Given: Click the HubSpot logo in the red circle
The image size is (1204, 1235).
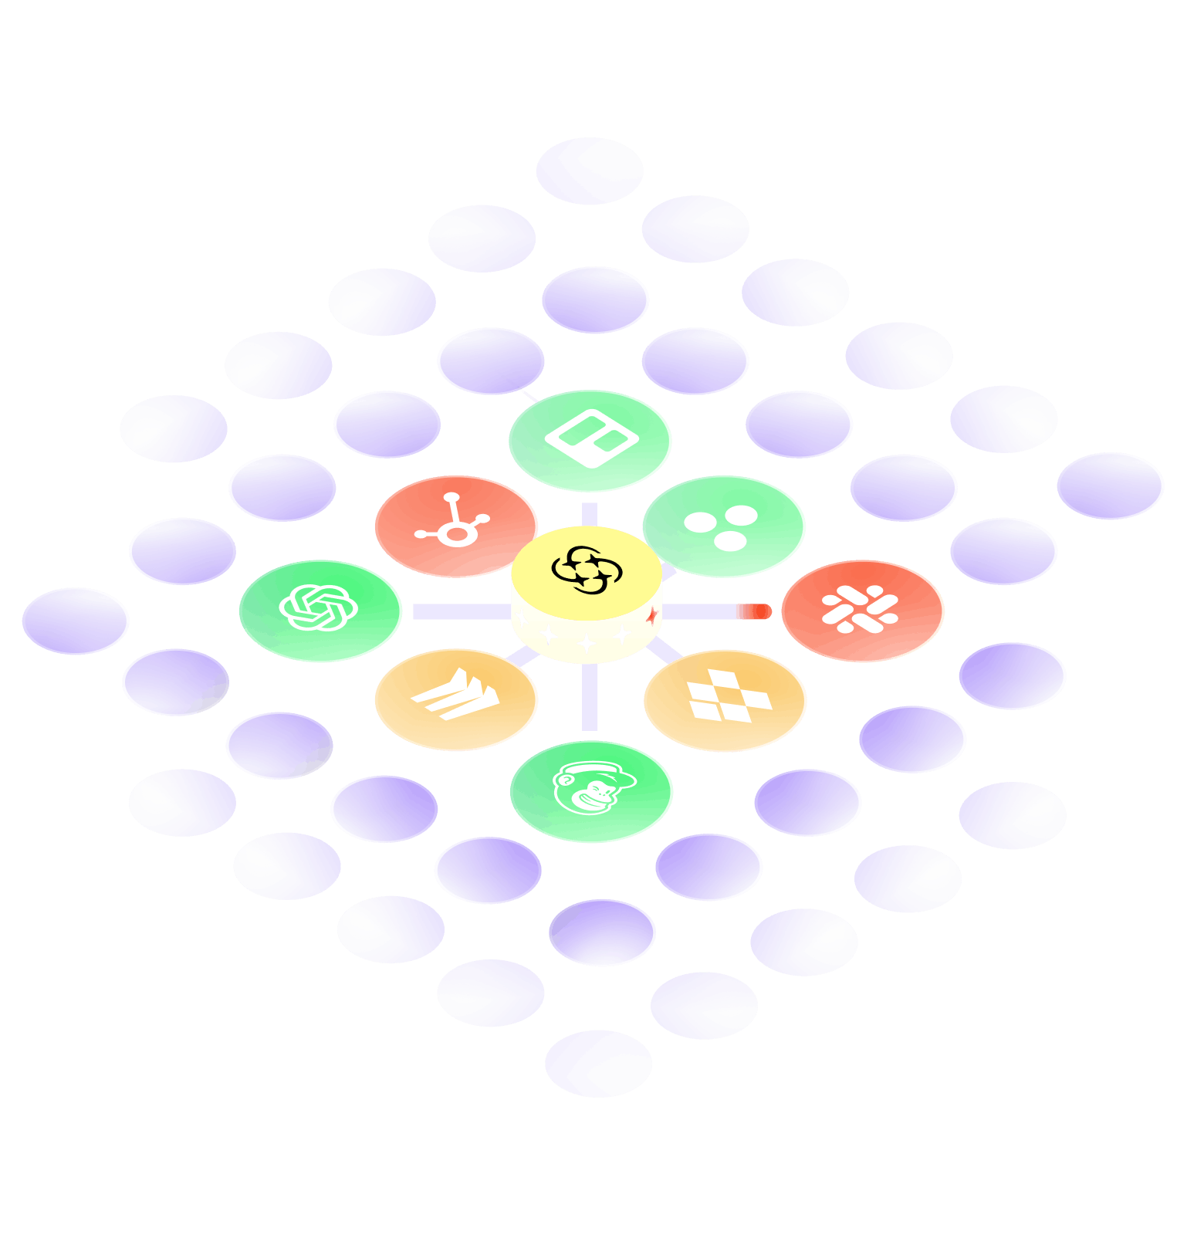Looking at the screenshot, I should (x=453, y=521).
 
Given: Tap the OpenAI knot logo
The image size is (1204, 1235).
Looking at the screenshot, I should (x=318, y=607).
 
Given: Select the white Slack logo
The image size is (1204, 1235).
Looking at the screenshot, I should (x=860, y=609).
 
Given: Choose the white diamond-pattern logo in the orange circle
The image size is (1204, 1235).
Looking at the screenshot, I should (x=728, y=696).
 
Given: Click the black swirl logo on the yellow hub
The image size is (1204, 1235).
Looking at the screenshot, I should (x=587, y=570).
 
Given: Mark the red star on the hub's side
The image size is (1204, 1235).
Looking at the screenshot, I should (x=653, y=616).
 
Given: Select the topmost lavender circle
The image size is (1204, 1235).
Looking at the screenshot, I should (x=590, y=171).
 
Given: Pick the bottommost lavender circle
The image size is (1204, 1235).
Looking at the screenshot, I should (x=598, y=1063).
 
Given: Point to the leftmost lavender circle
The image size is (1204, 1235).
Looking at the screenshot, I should (x=76, y=621).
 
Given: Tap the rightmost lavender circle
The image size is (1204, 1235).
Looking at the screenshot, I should (x=1110, y=486).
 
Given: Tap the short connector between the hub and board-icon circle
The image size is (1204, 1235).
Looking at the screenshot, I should (x=590, y=514).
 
